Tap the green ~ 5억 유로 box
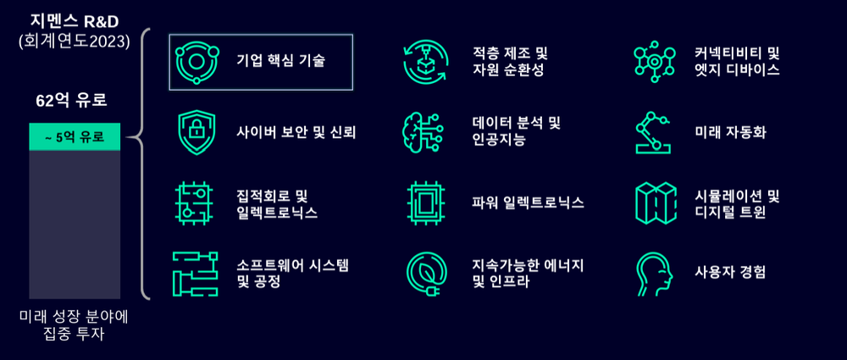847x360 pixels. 75,137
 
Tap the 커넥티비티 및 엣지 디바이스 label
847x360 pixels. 737,61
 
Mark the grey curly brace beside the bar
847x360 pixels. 147,165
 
